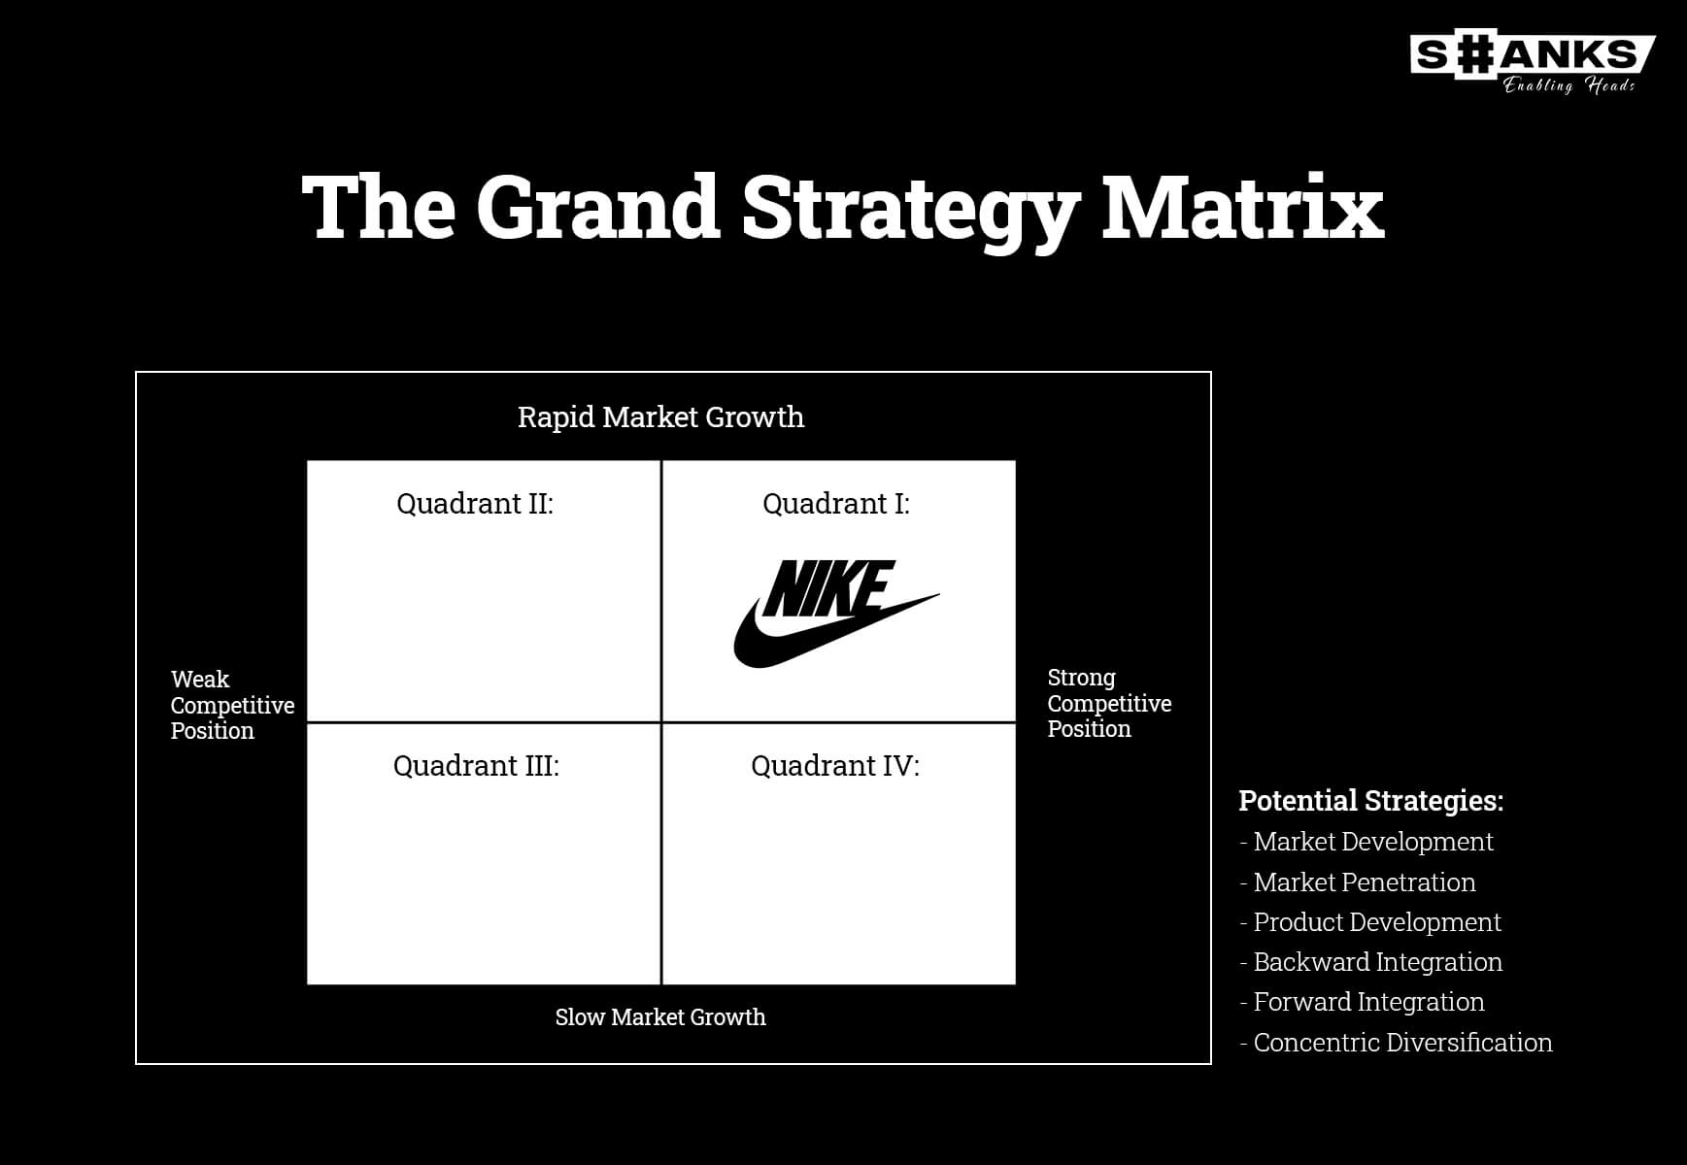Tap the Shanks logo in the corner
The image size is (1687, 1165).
coord(1533,64)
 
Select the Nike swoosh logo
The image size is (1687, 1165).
coord(836,614)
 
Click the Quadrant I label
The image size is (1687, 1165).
coord(836,504)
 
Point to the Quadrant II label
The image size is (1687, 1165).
coord(475,504)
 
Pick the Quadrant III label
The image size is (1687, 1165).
coord(476,766)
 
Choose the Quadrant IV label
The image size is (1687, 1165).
coord(835,766)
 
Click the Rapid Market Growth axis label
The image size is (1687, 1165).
coord(660,417)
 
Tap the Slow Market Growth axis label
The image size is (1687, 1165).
coord(660,1016)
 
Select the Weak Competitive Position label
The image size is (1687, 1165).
coord(232,705)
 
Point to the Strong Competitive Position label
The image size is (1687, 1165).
coord(1109,703)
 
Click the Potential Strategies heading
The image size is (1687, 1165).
coord(1371,801)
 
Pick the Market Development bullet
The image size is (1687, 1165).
coord(1366,842)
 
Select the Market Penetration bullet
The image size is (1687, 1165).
coord(1358,882)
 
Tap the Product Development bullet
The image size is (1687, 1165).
coord(1370,922)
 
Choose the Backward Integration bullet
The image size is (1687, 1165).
coord(1371,962)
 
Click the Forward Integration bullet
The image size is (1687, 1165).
coord(1362,1002)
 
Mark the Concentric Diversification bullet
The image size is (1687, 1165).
coord(1396,1043)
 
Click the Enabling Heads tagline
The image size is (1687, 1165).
coord(1569,85)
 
